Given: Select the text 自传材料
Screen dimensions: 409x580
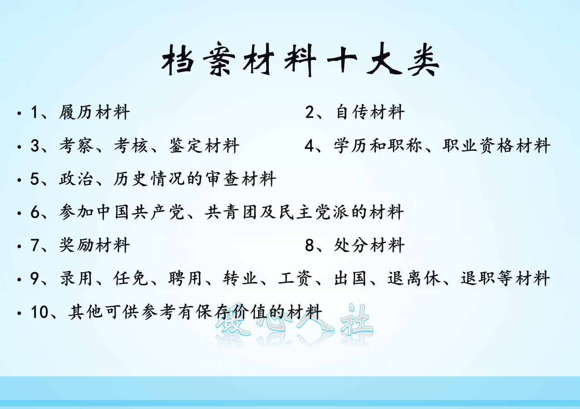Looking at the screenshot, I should tap(370, 112).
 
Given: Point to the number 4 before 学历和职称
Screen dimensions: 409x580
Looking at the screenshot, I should tap(309, 146).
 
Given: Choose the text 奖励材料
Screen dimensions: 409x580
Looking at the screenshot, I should tap(94, 245).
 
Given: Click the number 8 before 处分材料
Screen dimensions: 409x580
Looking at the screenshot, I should tap(309, 245).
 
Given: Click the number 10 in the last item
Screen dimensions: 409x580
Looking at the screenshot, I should tap(39, 312).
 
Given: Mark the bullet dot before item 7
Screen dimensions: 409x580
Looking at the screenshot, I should tap(19, 246).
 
